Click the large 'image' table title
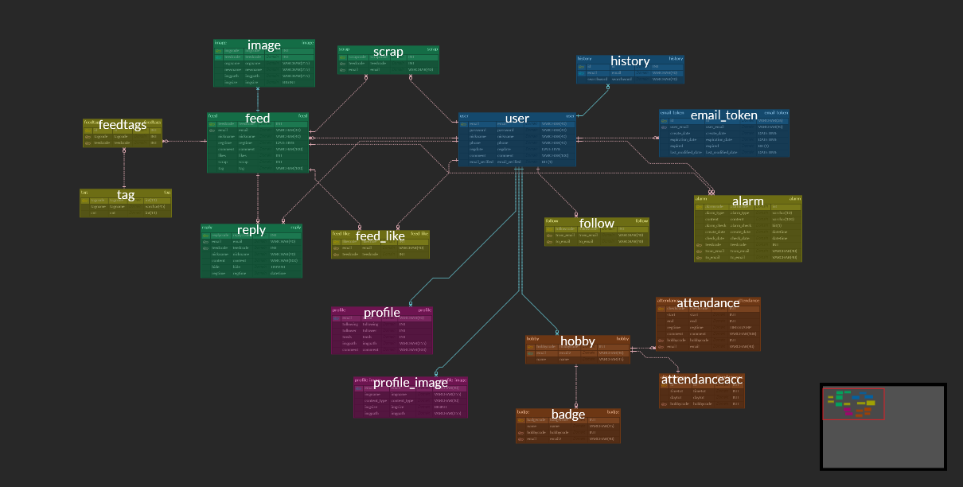pos(263,45)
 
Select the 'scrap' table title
pos(388,53)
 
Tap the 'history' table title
pos(630,61)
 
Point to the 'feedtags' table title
pos(122,125)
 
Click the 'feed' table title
pos(258,119)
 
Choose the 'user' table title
pos(517,119)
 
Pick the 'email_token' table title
pos(724,115)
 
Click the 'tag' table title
pos(126,195)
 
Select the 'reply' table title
pos(251,230)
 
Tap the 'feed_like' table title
pos(380,236)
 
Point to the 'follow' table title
pos(597,224)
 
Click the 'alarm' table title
pos(747,201)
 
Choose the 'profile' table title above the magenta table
pos(382,313)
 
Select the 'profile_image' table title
pos(411,383)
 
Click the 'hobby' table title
pos(578,341)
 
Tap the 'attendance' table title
pos(708,303)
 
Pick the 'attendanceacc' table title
pos(702,380)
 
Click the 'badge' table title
pos(568,415)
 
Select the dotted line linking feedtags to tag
pos(124,168)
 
